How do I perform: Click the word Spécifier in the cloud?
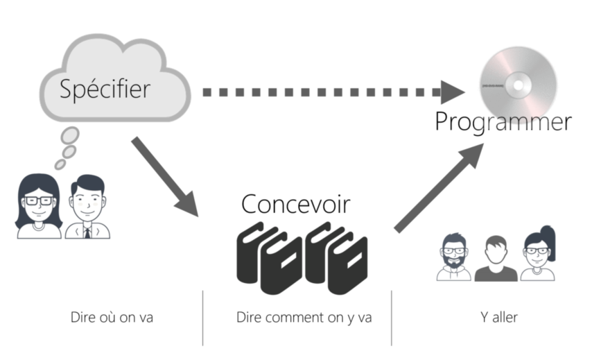(105, 89)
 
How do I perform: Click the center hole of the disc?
(516, 85)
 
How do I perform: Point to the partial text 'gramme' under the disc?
(517, 123)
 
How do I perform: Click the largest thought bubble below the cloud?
(71, 135)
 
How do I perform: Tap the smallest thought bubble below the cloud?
(59, 164)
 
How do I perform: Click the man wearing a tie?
(88, 207)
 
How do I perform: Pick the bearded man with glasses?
(454, 257)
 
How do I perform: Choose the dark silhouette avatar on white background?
(497, 258)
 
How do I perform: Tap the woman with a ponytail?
(539, 255)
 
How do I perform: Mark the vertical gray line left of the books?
(202, 318)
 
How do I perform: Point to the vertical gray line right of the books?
(392, 318)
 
